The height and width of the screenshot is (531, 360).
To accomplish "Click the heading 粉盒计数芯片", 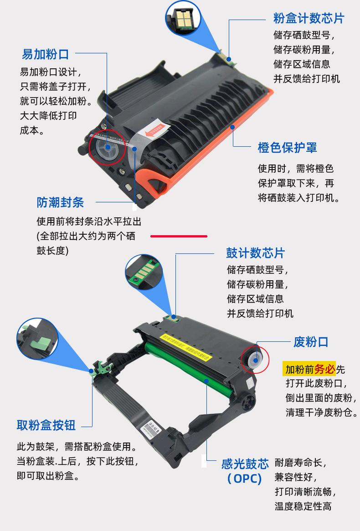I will point(309,18).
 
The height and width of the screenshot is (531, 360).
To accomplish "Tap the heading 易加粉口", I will point(45,54).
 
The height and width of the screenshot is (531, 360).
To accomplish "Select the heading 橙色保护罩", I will point(287,147).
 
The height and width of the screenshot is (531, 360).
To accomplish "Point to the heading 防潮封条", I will point(60,202).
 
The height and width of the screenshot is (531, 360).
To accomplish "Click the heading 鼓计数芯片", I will point(255,253).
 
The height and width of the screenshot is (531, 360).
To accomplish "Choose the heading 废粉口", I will point(311,342).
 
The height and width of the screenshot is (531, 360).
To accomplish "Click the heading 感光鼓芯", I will point(245,464).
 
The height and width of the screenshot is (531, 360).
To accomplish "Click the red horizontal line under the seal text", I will point(179,237).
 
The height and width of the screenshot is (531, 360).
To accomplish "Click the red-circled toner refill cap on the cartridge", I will point(108,147).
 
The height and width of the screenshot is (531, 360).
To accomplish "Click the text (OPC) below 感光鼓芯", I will point(245,479).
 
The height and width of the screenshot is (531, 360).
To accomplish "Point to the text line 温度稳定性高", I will point(303,506).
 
